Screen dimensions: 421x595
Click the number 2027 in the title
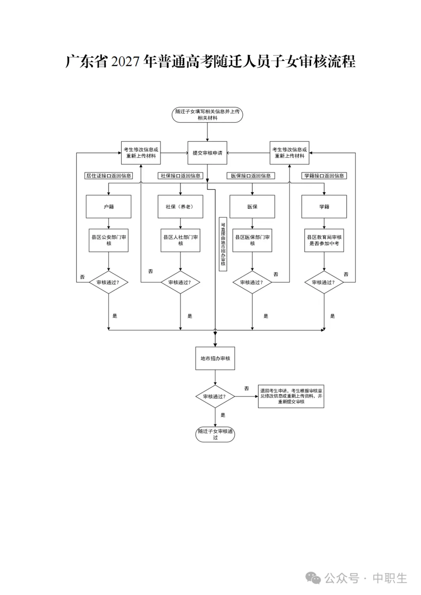click(x=125, y=62)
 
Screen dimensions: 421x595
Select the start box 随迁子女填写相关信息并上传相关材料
click(x=207, y=115)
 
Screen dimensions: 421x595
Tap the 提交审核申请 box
click(x=207, y=153)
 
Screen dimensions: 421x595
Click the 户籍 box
click(x=108, y=207)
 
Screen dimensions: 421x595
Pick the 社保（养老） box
click(x=180, y=207)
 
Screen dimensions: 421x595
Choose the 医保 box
click(x=252, y=207)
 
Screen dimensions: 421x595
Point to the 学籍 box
click(x=324, y=207)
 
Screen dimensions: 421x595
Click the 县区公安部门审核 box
click(x=108, y=240)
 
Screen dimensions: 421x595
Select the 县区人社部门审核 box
click(x=180, y=240)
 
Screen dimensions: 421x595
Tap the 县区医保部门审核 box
click(x=252, y=240)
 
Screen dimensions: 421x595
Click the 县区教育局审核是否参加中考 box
click(x=324, y=240)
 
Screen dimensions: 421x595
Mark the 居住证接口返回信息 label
click(x=108, y=176)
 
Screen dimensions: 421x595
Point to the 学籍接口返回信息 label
click(x=324, y=176)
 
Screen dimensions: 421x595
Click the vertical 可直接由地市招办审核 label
click(x=223, y=244)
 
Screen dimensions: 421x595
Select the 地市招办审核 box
click(x=215, y=358)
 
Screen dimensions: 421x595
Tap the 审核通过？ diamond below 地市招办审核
click(x=215, y=397)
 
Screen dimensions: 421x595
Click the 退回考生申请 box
click(x=291, y=396)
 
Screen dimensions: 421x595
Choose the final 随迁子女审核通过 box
click(x=215, y=434)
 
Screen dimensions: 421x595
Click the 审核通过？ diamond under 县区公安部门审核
click(x=108, y=282)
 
